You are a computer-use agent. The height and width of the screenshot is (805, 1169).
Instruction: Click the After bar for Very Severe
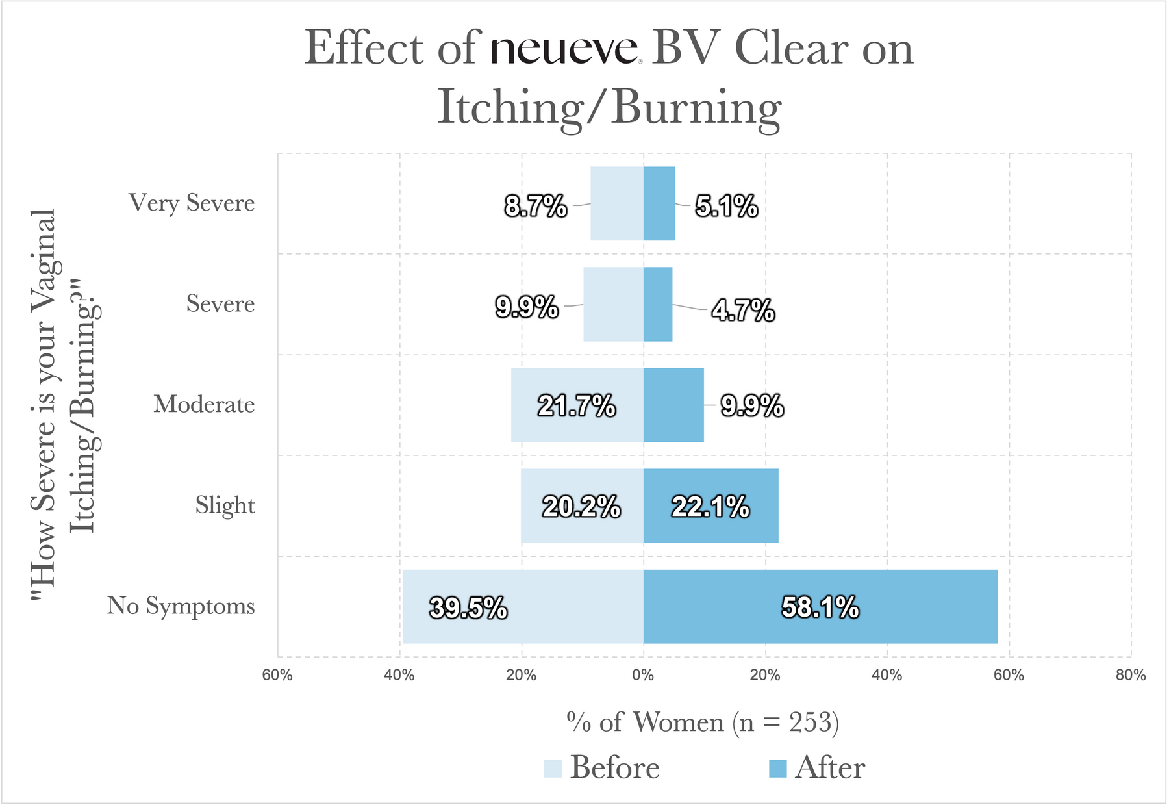click(x=659, y=203)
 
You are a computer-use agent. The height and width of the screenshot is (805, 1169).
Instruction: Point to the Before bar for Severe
click(x=613, y=304)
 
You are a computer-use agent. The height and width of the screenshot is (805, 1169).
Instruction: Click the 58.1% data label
click(x=820, y=607)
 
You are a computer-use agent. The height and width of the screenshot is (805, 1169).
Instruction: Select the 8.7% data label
click(x=536, y=207)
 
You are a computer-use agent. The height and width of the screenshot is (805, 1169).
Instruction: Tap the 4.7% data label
click(x=743, y=311)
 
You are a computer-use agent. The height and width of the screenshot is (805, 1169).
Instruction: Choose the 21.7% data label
click(x=577, y=406)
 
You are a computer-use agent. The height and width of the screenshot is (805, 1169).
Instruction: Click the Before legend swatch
click(x=553, y=769)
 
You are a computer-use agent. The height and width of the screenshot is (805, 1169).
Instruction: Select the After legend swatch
click(x=777, y=769)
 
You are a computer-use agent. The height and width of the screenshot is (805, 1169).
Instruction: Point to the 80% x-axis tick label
click(x=1130, y=675)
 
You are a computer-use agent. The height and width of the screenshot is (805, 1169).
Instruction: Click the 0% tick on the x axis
click(x=643, y=675)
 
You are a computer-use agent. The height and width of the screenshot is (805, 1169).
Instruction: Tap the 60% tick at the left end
click(x=277, y=675)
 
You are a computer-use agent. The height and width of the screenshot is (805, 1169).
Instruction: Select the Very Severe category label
click(x=192, y=203)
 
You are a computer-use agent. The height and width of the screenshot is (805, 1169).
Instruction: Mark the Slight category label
click(x=225, y=505)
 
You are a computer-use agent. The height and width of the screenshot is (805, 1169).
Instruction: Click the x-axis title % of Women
click(x=703, y=722)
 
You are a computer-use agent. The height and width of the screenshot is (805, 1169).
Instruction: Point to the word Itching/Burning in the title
click(x=609, y=107)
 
